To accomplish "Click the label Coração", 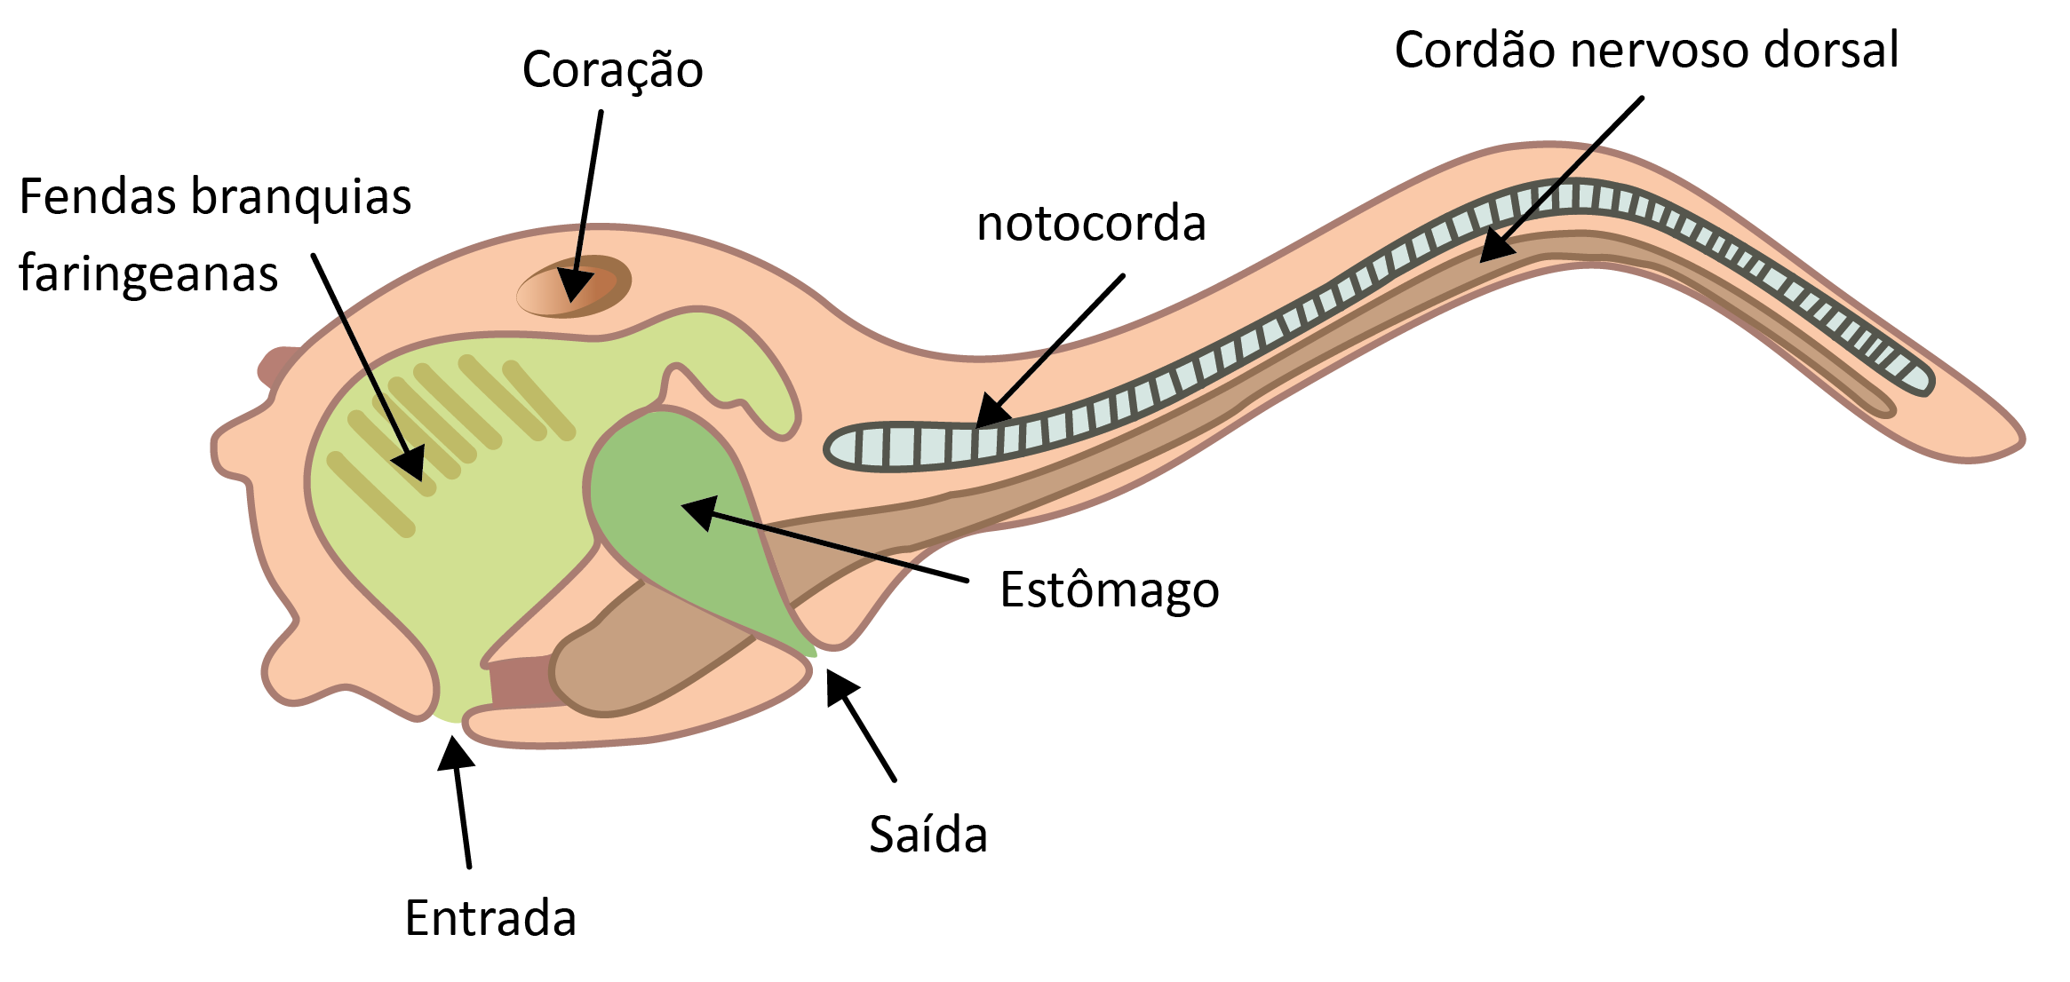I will pyautogui.click(x=612, y=70).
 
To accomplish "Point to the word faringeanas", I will pyautogui.click(x=148, y=273).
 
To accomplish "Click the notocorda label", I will pyautogui.click(x=1091, y=223).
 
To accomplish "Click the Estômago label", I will pyautogui.click(x=1110, y=590).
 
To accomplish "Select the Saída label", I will pyautogui.click(x=928, y=835).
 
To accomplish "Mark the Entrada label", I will pyautogui.click(x=490, y=918).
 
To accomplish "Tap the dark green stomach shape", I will pyautogui.click(x=675, y=515).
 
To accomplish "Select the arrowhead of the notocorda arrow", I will pyautogui.click(x=990, y=415).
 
